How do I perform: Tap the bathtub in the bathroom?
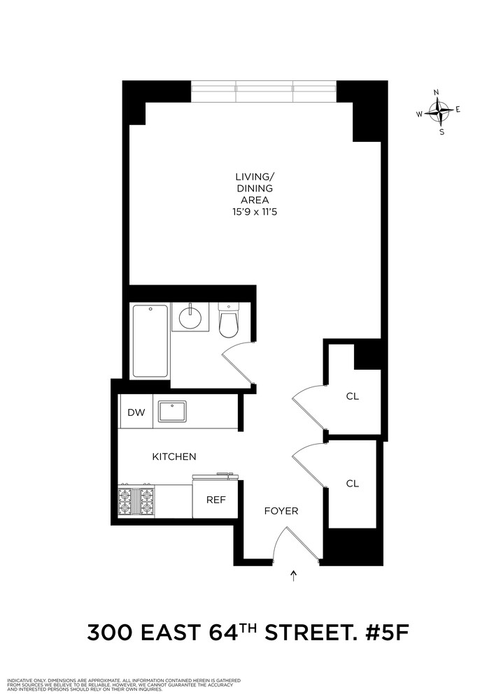point(150,340)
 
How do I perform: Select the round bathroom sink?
point(189,319)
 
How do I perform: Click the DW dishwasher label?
point(136,412)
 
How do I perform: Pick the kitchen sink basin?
point(171,412)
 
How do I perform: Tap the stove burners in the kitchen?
point(137,500)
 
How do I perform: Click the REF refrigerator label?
point(215,500)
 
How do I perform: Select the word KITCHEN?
point(174,456)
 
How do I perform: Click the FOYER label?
point(281,511)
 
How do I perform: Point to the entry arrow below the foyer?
point(294,576)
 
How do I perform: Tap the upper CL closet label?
point(353,396)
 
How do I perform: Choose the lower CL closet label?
point(353,483)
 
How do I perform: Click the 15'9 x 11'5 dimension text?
point(254,212)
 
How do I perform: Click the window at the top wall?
point(264,91)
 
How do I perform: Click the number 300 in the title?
point(110,634)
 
